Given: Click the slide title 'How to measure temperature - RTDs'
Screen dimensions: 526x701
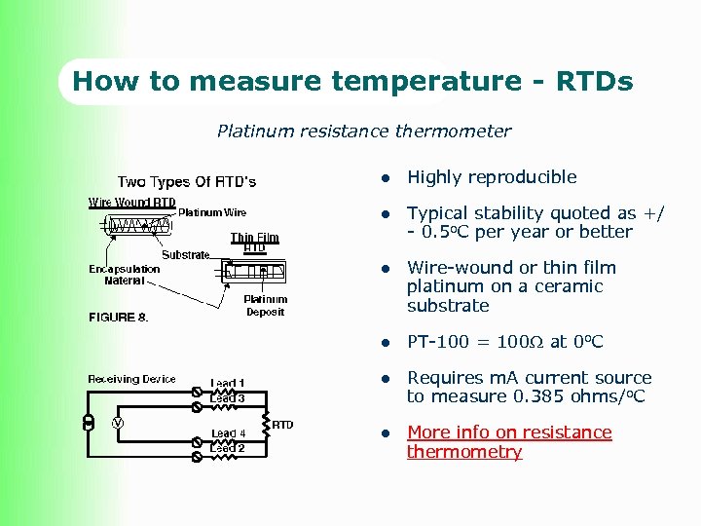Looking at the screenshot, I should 352,81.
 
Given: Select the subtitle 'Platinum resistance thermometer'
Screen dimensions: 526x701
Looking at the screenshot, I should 363,131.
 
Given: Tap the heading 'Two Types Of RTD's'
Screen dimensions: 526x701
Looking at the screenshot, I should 187,182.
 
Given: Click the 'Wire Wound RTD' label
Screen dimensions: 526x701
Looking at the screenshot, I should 132,203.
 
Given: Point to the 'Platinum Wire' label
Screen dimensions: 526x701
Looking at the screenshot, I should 212,212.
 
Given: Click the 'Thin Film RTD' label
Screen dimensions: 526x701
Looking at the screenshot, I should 254,243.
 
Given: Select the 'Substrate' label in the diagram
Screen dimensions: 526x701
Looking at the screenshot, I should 185,255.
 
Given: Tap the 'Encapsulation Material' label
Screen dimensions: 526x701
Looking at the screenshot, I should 125,275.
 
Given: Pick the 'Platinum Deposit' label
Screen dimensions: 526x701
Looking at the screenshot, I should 265,306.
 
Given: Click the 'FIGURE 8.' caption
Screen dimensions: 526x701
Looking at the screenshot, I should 119,318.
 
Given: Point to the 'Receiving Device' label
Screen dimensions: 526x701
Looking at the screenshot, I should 131,379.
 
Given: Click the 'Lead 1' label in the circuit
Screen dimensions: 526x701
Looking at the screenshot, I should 229,383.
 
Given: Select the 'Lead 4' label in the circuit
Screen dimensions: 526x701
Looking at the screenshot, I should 229,433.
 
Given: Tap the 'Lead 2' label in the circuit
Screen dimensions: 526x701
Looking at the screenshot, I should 229,448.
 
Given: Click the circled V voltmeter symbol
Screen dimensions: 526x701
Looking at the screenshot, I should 117,423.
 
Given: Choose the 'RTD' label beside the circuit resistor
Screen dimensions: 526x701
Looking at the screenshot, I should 282,425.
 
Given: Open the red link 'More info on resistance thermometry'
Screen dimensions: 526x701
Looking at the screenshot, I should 509,442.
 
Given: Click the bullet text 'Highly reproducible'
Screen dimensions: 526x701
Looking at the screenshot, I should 492,177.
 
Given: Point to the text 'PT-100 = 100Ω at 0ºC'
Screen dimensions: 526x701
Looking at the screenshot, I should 504,342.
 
